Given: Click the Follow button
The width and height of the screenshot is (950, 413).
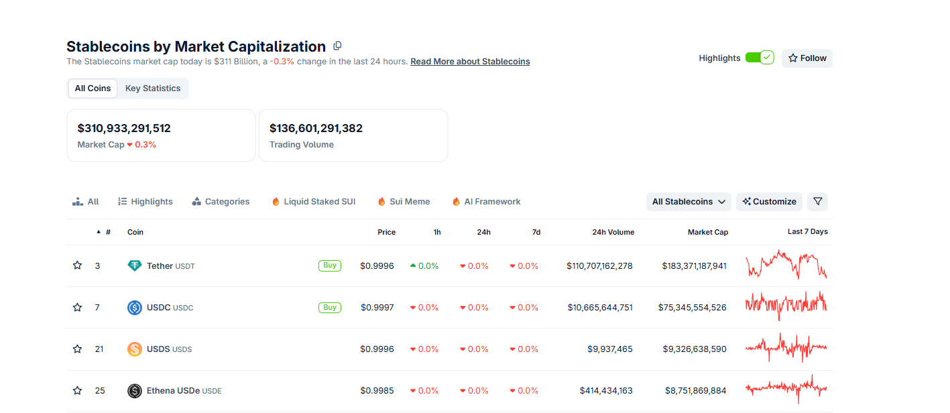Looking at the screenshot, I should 807,58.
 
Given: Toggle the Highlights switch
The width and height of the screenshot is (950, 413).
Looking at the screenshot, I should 759,58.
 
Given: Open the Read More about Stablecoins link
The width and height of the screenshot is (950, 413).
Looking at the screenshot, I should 470,62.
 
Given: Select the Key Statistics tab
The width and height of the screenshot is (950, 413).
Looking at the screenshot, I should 153,88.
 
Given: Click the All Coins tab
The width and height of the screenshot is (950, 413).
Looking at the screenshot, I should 93,88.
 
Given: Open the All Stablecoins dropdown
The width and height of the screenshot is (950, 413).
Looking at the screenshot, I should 689,202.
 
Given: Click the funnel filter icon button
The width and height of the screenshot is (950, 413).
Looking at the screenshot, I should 817,202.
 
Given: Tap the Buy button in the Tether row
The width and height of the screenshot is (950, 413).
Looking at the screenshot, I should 329,265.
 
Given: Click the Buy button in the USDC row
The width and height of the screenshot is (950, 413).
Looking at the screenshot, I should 329,308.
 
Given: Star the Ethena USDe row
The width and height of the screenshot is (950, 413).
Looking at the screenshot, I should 77,391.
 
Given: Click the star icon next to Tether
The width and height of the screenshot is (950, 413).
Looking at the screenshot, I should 77,266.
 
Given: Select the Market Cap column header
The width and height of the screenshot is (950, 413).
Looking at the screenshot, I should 707,232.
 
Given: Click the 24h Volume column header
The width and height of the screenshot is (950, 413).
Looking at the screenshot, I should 613,232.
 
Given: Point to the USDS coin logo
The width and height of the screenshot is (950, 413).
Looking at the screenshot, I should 135,349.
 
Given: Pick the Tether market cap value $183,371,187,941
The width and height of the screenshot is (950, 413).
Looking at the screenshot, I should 694,266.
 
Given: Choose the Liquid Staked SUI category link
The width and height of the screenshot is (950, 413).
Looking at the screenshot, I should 313,202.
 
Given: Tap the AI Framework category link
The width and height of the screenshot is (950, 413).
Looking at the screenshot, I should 486,202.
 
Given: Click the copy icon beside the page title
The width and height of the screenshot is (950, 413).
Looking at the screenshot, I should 337,46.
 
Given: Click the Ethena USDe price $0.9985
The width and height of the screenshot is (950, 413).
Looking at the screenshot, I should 377,391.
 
